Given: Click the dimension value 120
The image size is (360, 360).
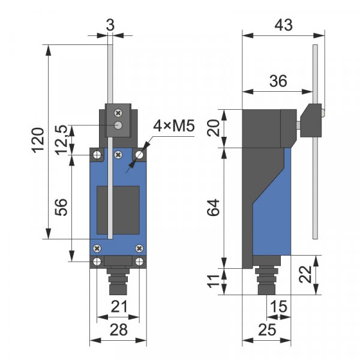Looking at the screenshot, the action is click(x=38, y=140).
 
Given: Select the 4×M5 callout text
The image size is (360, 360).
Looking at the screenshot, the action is click(x=174, y=126).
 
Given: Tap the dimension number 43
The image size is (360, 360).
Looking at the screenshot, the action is click(x=284, y=25).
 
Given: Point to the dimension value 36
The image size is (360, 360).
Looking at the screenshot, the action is click(x=278, y=81).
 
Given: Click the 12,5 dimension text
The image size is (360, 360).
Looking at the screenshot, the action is click(x=62, y=140).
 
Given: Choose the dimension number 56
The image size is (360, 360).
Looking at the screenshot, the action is click(x=61, y=208).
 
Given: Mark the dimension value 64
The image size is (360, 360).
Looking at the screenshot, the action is click(x=213, y=208).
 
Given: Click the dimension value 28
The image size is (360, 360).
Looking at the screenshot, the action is click(x=119, y=329).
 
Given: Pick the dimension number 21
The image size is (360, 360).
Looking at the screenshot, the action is click(x=119, y=307).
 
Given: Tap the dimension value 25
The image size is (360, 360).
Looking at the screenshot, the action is click(x=267, y=329).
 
